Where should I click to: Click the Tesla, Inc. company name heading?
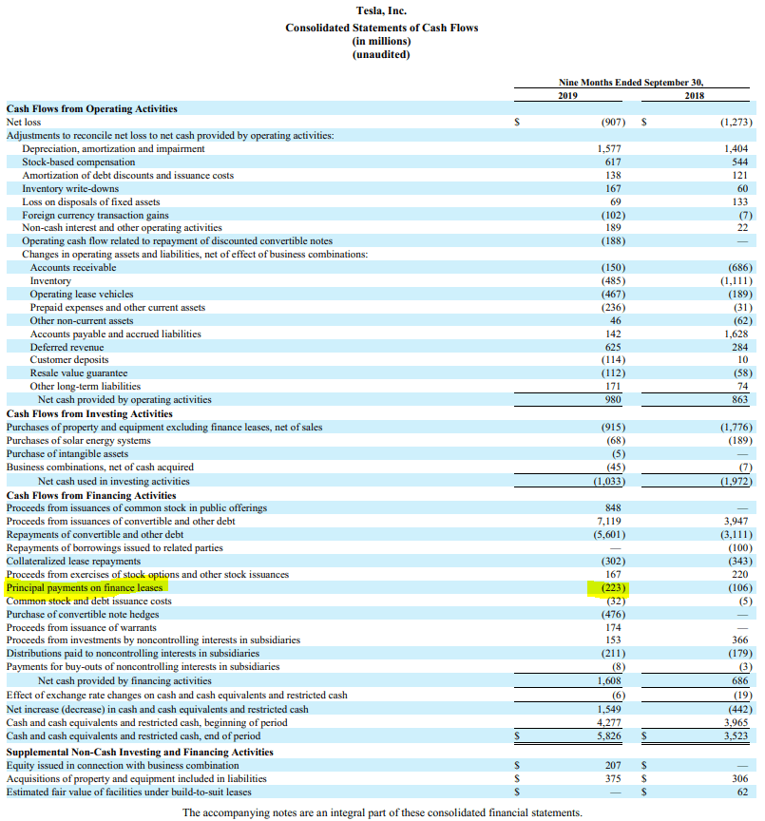[x=381, y=11]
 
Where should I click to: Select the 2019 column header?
[x=567, y=96]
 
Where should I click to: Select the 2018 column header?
[x=694, y=96]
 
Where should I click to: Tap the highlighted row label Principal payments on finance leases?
[x=85, y=588]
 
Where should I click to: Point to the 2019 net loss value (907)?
[x=613, y=123]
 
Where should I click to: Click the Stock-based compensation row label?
[x=79, y=162]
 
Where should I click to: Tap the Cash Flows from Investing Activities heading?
[x=89, y=413]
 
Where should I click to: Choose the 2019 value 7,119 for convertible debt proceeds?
[x=610, y=521]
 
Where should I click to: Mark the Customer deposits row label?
[x=69, y=360]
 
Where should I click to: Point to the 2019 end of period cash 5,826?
[x=610, y=735]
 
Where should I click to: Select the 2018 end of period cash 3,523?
[x=735, y=735]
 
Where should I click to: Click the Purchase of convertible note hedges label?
[x=83, y=615]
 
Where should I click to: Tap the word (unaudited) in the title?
[x=381, y=54]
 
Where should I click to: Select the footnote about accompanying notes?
[x=381, y=812]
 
